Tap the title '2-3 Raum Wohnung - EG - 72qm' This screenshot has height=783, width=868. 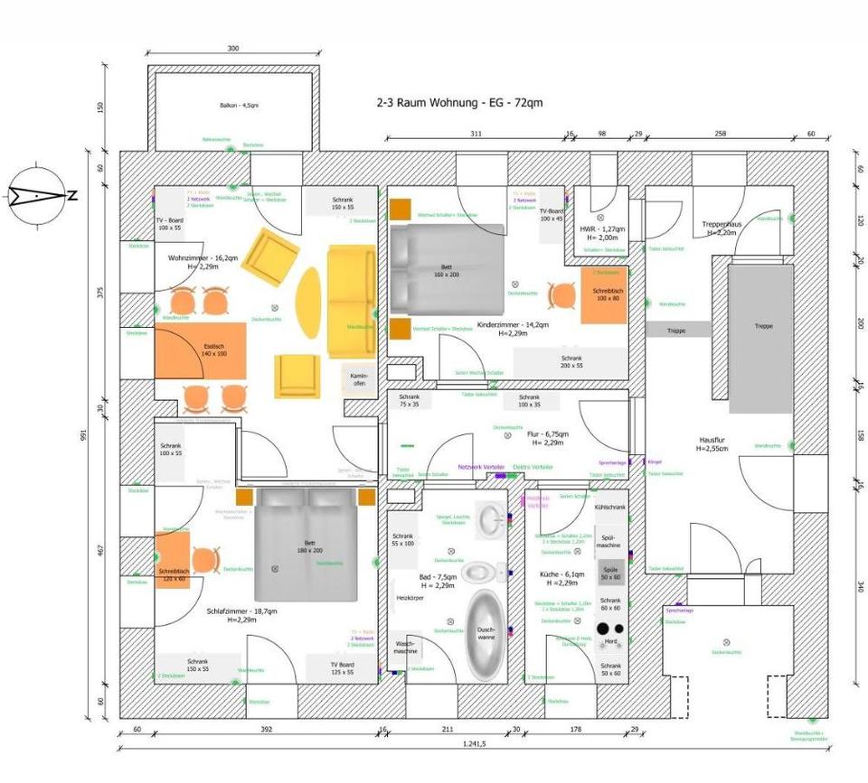459,103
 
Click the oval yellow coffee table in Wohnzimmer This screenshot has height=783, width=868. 309,302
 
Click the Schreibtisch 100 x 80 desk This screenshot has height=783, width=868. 604,295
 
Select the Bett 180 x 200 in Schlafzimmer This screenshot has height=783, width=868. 308,545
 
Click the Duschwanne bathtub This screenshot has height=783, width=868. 486,635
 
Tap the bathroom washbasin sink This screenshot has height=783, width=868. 493,519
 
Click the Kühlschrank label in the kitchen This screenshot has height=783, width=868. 610,508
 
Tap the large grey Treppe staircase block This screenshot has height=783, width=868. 760,338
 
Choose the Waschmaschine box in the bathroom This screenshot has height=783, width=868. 404,648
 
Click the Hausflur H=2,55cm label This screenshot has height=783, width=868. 714,443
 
